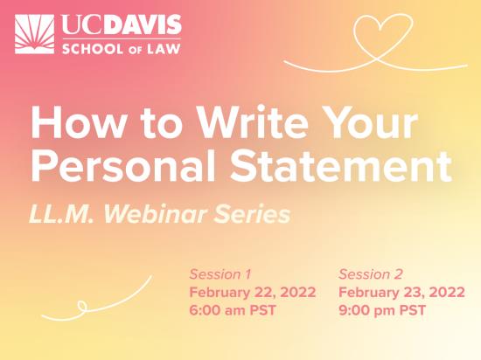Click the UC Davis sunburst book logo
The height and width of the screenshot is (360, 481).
coord(34,34)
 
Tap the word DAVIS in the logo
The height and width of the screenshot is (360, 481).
coord(142,24)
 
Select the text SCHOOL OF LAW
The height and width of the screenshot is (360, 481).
coord(122,49)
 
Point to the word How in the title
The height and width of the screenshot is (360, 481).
coord(78,122)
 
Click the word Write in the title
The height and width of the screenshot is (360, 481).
coord(252,122)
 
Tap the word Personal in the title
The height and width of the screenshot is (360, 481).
coord(123,166)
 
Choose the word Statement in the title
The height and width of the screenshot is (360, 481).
coord(341,166)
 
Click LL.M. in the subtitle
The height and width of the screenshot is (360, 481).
coord(61,214)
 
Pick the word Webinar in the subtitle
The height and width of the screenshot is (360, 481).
coord(155,213)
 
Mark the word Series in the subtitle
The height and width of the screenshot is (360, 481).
coord(252,214)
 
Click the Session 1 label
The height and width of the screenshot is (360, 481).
coord(220,273)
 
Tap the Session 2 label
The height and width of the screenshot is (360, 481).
coord(371,273)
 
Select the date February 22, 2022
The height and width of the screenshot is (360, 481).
coord(253,292)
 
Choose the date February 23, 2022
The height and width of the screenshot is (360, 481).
coord(402,292)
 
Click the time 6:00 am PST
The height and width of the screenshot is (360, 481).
coord(233,310)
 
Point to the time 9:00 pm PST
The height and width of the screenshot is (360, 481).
coord(382,310)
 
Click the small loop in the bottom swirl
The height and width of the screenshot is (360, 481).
coord(82,306)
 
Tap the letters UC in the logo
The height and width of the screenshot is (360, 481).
coord(82,24)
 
